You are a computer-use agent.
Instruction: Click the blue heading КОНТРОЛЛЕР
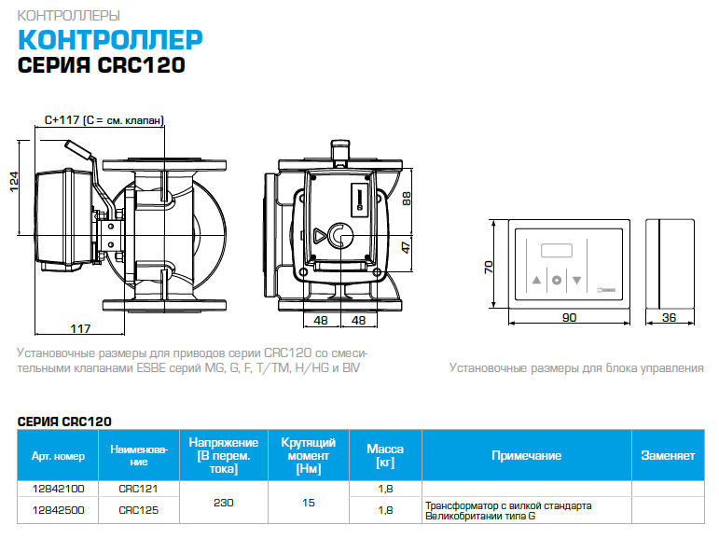pyautogui.click(x=111, y=40)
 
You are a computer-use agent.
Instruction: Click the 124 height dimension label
pyautogui.click(x=14, y=179)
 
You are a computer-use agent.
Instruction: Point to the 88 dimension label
pyautogui.click(x=407, y=198)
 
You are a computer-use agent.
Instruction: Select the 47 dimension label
pyautogui.click(x=407, y=247)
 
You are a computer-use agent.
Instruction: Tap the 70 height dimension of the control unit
pyautogui.click(x=487, y=267)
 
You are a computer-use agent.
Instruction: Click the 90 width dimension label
pyautogui.click(x=570, y=317)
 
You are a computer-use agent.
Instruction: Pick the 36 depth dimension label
pyautogui.click(x=669, y=317)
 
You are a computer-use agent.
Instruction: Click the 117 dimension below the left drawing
pyautogui.click(x=81, y=327)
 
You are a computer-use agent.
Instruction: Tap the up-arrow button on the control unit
pyautogui.click(x=536, y=280)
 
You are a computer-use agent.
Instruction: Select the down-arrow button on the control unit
pyautogui.click(x=577, y=280)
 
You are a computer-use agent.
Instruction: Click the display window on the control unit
pyautogui.click(x=557, y=251)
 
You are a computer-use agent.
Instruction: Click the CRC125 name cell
pyautogui.click(x=138, y=509)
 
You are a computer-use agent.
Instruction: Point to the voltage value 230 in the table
pyautogui.click(x=223, y=503)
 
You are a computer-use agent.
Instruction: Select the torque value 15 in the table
pyautogui.click(x=308, y=503)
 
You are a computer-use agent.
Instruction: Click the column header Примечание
pyautogui.click(x=526, y=456)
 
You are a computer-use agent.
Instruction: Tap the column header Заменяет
pyautogui.click(x=667, y=456)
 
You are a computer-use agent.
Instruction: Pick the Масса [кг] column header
pyautogui.click(x=385, y=456)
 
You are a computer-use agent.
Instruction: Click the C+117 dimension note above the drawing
pyautogui.click(x=104, y=120)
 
